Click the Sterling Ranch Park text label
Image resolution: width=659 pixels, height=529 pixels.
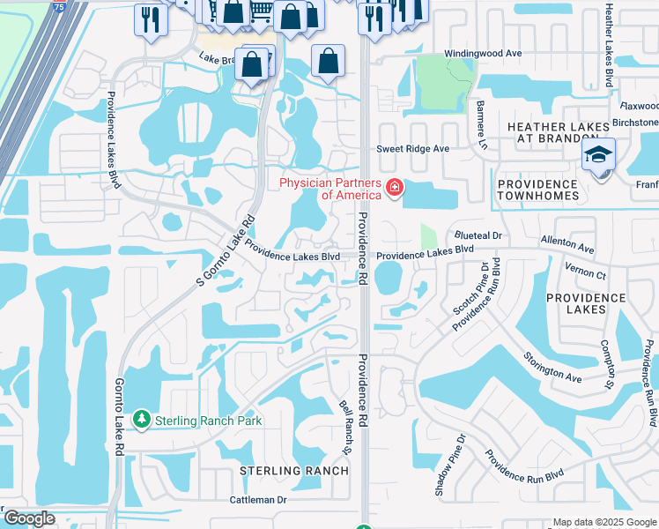point(208,421)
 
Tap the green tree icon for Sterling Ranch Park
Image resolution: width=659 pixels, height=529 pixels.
point(140,421)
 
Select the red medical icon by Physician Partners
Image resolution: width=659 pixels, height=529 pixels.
point(393,188)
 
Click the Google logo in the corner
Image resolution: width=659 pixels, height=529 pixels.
point(29,519)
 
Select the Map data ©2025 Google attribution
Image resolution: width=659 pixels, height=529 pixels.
point(604,522)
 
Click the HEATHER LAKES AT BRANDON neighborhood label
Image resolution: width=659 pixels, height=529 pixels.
point(559,135)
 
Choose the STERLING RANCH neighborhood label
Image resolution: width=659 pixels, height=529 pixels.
point(294,471)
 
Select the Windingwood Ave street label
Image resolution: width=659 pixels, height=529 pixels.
point(483,54)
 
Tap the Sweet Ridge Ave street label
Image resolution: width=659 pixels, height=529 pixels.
point(413,149)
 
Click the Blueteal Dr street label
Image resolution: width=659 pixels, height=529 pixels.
point(478,236)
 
